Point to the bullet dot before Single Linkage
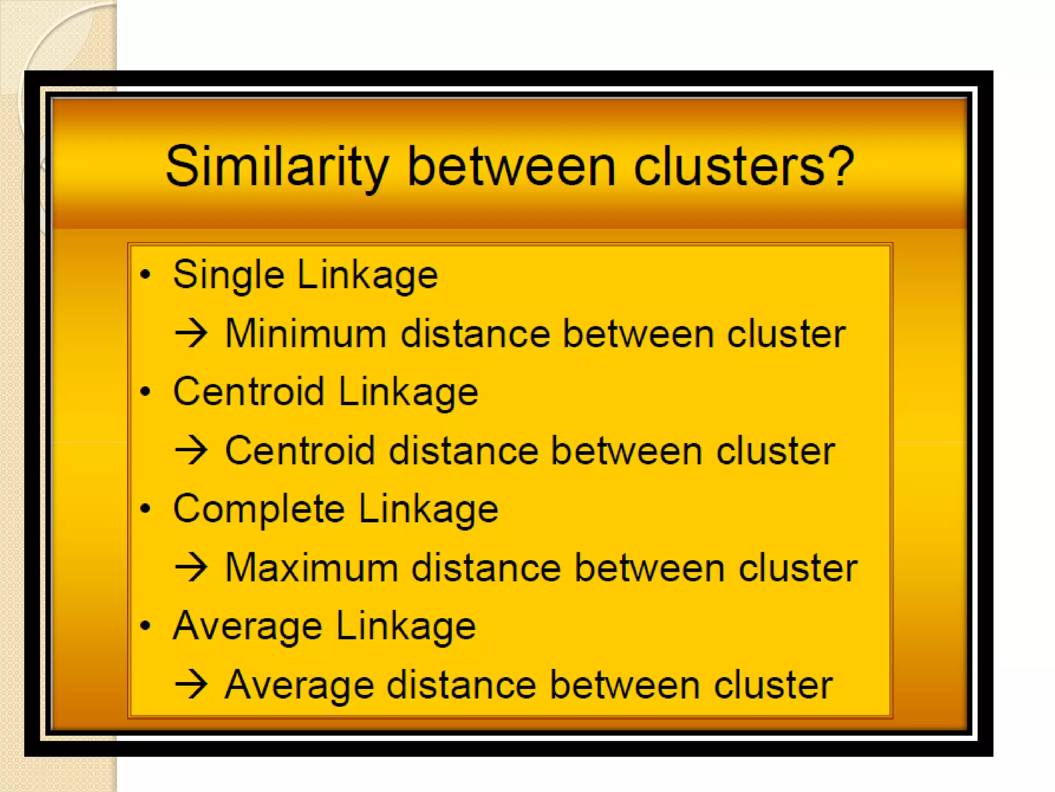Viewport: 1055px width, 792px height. click(146, 274)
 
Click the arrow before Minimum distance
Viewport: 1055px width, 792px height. click(191, 334)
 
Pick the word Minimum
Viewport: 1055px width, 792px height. click(306, 334)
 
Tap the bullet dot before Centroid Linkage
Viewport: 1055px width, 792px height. click(146, 391)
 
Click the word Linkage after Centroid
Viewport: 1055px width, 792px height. click(408, 392)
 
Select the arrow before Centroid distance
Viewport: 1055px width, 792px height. click(191, 450)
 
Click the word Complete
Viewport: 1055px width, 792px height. click(259, 509)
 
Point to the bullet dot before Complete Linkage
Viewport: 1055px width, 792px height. click(146, 508)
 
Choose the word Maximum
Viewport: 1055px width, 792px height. click(312, 568)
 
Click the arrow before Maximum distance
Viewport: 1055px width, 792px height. click(191, 567)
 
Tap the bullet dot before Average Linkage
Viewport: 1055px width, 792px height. click(146, 625)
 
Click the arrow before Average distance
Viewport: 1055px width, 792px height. click(191, 684)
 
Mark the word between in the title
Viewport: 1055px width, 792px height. click(512, 167)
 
